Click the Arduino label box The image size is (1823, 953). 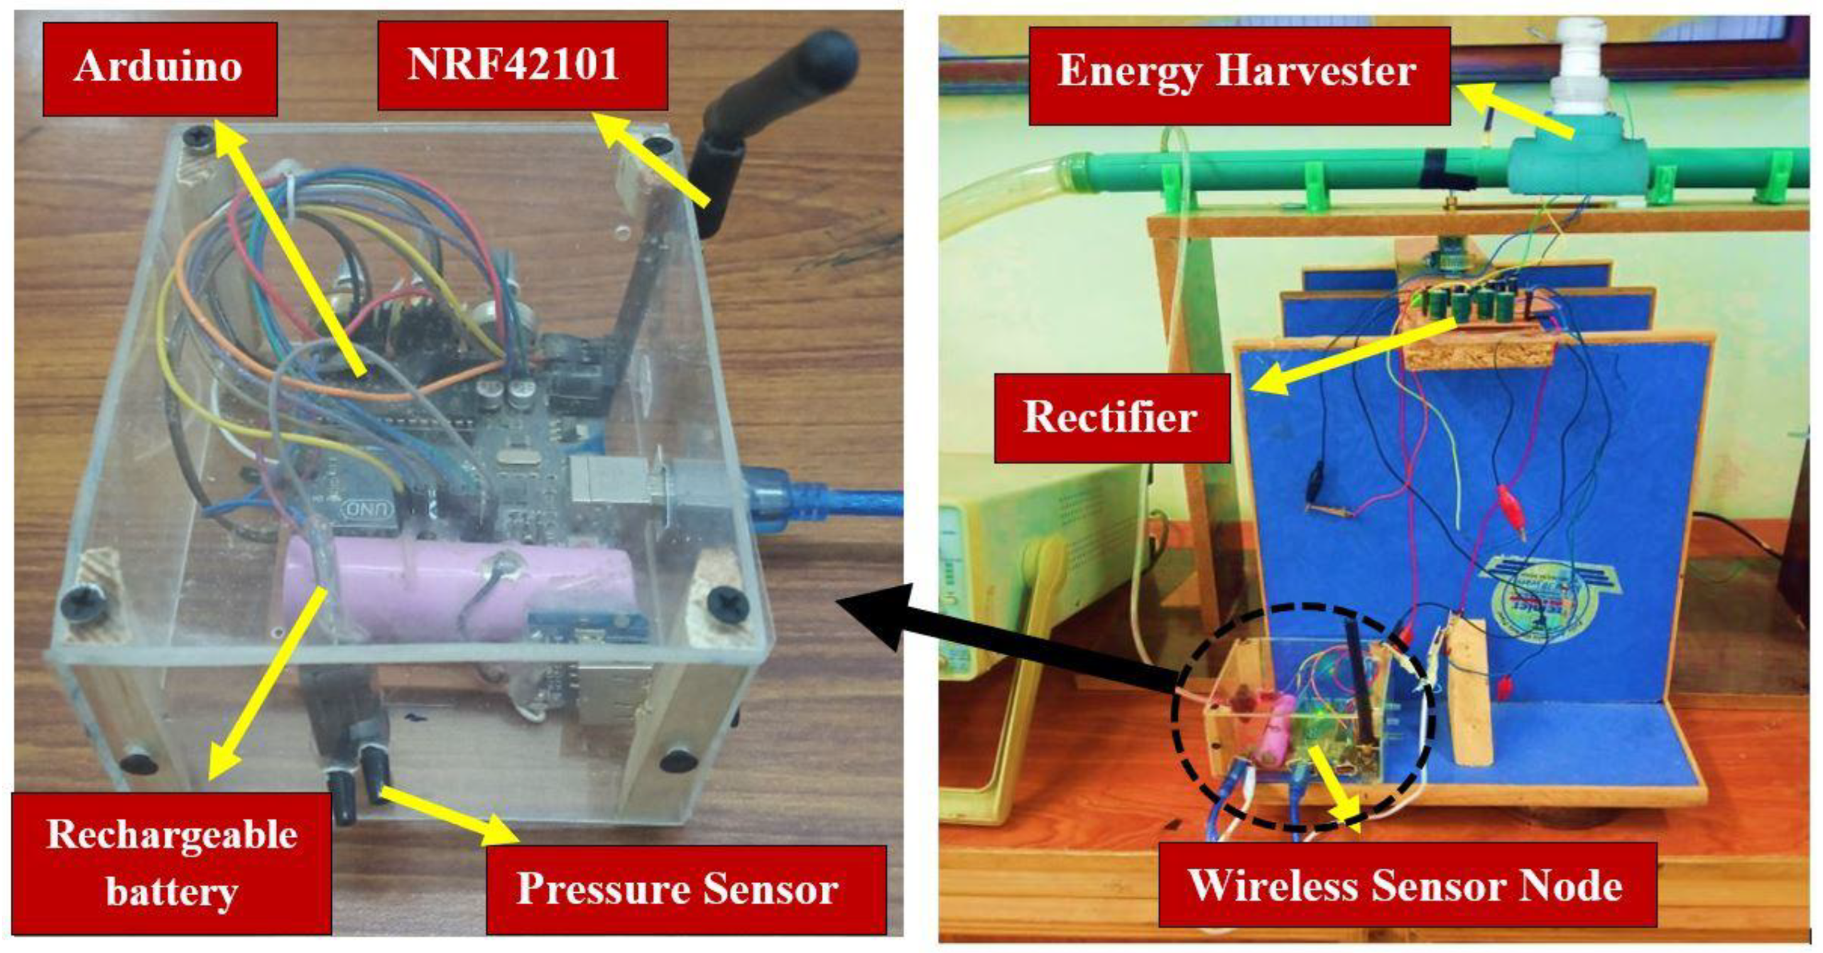(159, 68)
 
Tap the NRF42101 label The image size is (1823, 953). (522, 65)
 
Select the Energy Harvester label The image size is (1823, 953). (1238, 74)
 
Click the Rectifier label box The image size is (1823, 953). (1112, 417)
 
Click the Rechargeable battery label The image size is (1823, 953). (171, 863)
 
